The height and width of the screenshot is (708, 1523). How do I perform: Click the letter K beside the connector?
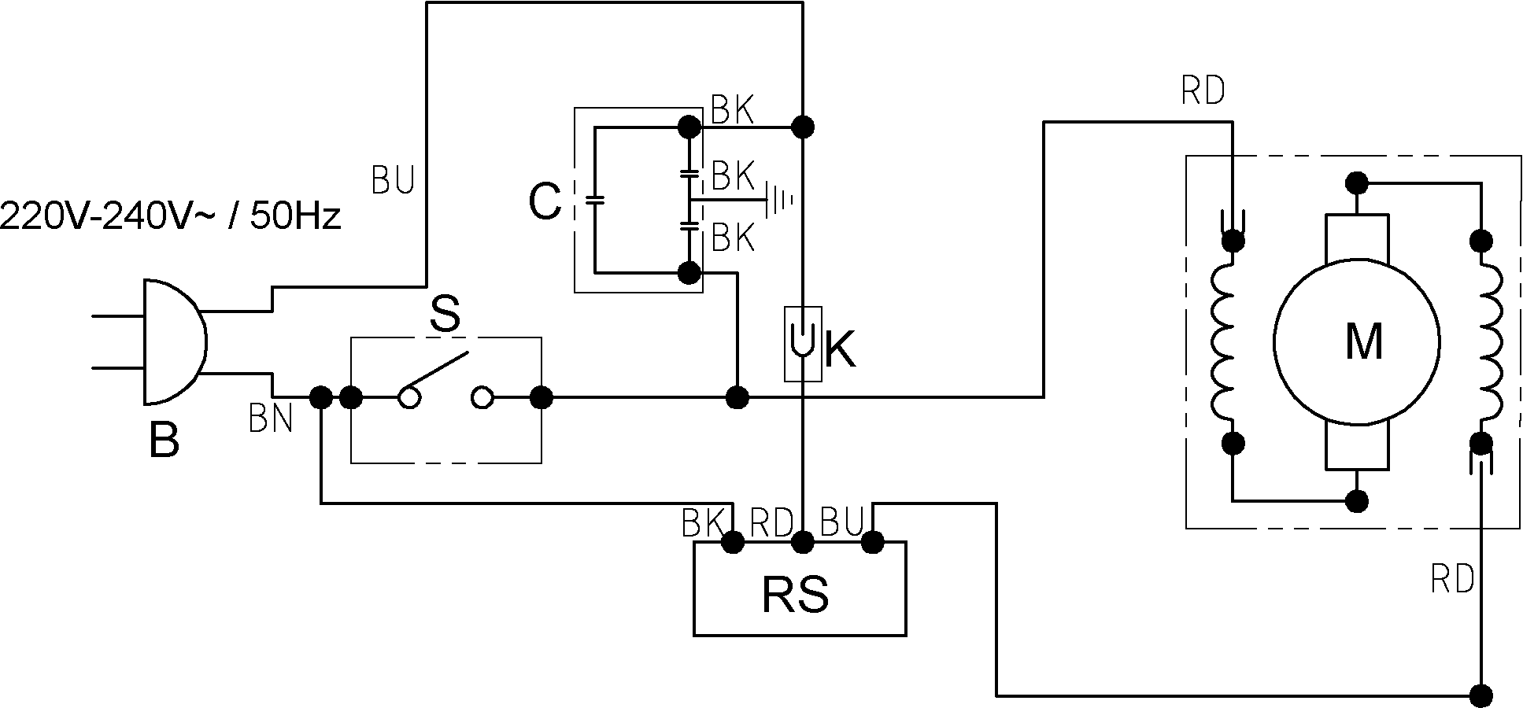(x=840, y=348)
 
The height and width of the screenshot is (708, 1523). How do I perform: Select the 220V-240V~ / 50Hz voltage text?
(x=171, y=215)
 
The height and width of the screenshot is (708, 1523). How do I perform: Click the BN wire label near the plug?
(x=271, y=419)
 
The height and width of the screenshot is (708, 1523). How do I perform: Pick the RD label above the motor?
(x=1203, y=92)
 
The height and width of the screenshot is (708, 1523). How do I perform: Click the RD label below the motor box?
(x=1452, y=581)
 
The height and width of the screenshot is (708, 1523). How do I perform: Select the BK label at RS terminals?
(x=703, y=523)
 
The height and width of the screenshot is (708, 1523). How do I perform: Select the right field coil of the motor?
(x=1492, y=342)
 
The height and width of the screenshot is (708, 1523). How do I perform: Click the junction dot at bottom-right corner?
(x=1482, y=695)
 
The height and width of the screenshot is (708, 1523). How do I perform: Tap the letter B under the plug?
(x=164, y=441)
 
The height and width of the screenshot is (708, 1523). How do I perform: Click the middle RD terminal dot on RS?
(x=803, y=541)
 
